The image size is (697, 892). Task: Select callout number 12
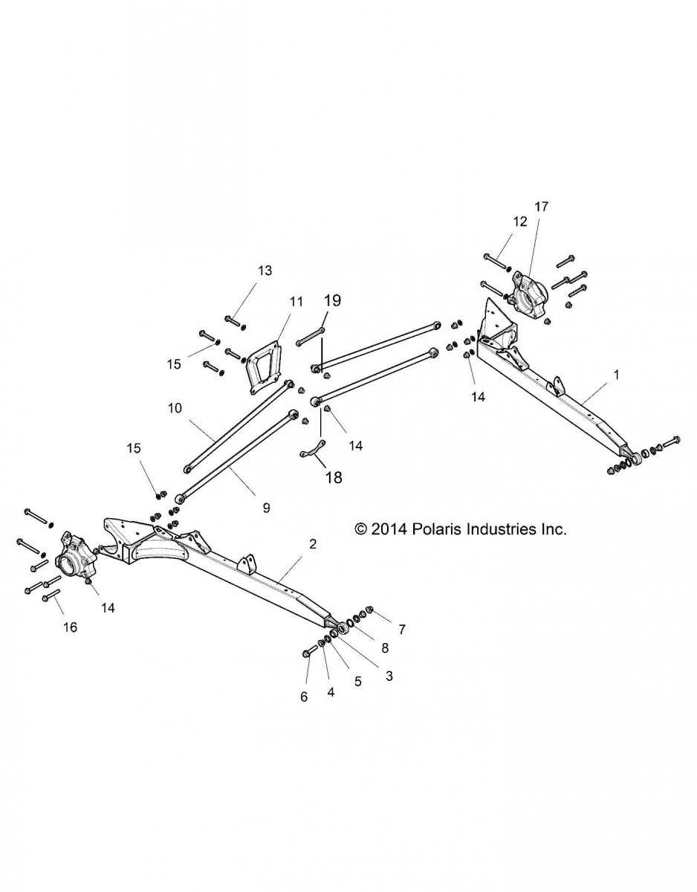pyautogui.click(x=519, y=221)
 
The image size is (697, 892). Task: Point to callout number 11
pyautogui.click(x=276, y=302)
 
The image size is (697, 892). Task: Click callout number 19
pyautogui.click(x=332, y=300)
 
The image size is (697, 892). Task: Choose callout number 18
pyautogui.click(x=334, y=478)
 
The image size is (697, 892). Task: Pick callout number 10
pyautogui.click(x=175, y=408)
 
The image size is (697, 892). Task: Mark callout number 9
pyautogui.click(x=266, y=508)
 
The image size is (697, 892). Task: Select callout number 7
pyautogui.click(x=401, y=630)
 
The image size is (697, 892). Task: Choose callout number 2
pyautogui.click(x=313, y=544)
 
